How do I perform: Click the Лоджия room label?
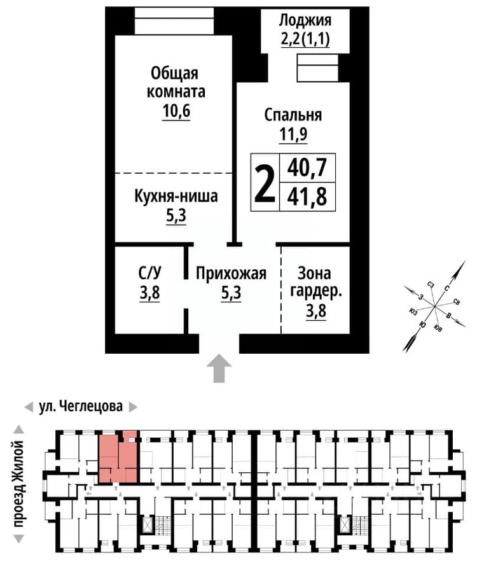(x=305, y=20)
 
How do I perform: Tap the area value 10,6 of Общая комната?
(x=176, y=111)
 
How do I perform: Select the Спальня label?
(x=293, y=115)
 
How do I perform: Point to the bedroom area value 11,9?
(x=293, y=134)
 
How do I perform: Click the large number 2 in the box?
(x=265, y=183)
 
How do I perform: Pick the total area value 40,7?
(x=307, y=167)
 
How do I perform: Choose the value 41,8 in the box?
(x=307, y=197)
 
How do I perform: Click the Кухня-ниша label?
(x=176, y=197)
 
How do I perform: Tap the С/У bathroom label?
(x=149, y=273)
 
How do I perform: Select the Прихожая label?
(x=231, y=274)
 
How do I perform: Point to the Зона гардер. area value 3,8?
(x=316, y=311)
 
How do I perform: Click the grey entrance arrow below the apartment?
(x=219, y=368)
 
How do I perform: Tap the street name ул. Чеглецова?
(x=81, y=406)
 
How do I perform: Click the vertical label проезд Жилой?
(x=18, y=484)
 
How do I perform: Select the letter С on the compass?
(x=446, y=288)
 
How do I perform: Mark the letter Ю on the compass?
(x=422, y=325)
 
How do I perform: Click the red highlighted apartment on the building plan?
(x=118, y=457)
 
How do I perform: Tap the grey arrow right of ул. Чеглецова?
(x=133, y=407)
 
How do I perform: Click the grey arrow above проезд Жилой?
(x=19, y=430)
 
